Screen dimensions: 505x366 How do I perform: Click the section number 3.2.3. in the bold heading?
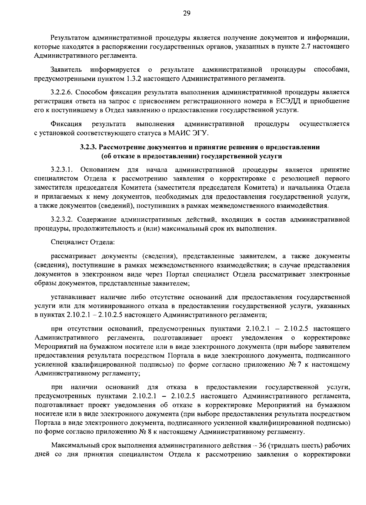(89, 147)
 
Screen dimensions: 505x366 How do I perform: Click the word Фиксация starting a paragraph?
(66, 124)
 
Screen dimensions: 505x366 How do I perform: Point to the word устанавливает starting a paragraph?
(73, 297)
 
